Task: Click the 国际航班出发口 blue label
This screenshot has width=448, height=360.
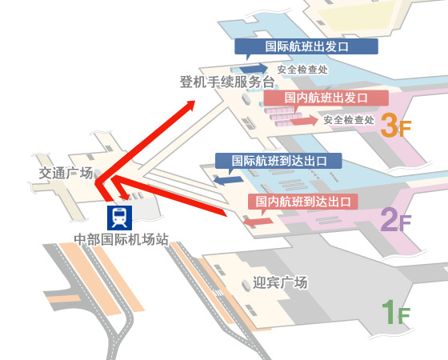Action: click(306, 46)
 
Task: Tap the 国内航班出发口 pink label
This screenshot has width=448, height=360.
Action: click(326, 98)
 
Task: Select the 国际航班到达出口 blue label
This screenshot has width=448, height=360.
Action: click(278, 160)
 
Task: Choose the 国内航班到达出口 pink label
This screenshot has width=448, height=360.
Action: click(302, 201)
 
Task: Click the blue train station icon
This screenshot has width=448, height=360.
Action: click(119, 216)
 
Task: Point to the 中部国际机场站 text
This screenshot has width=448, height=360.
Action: click(121, 238)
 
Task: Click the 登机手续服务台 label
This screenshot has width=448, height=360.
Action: click(227, 82)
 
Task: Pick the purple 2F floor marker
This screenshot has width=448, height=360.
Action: click(395, 218)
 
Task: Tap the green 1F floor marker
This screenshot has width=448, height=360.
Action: click(395, 312)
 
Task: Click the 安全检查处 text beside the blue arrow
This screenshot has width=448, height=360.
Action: click(302, 69)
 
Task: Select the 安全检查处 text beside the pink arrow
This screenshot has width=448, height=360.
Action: click(349, 120)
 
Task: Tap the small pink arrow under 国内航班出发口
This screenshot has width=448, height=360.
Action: click(302, 121)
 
